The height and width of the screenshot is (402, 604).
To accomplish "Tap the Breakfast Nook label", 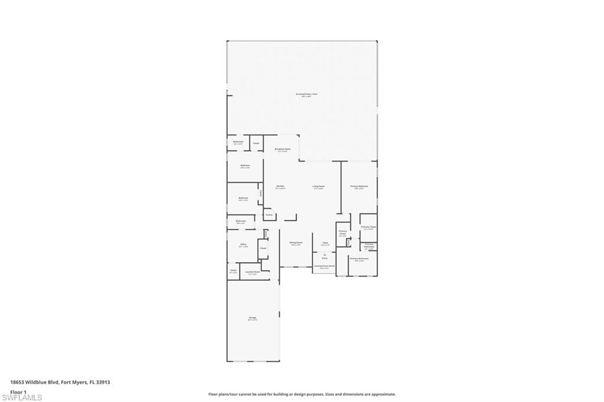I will (x=283, y=150).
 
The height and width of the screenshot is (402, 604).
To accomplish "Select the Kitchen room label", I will (x=280, y=187).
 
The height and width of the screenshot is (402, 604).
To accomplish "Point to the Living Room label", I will (x=319, y=187).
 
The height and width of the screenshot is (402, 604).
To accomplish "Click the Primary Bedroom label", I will (x=359, y=186).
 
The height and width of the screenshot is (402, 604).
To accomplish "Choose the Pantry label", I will (x=269, y=215).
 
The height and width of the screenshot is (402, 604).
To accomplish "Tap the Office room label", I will (x=243, y=244).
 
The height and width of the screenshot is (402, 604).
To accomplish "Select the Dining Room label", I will (x=296, y=242).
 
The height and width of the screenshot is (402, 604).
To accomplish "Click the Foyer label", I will (x=324, y=242).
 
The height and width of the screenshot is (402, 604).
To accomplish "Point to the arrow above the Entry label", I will (x=324, y=253).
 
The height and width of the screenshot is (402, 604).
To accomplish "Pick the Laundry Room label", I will (x=252, y=272).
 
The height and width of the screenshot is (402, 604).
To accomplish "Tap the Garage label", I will (x=252, y=318).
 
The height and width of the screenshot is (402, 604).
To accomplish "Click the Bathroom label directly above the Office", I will (x=241, y=221).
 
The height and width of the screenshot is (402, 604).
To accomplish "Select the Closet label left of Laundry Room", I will (x=233, y=271).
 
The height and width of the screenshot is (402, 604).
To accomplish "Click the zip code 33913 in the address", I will (x=104, y=382).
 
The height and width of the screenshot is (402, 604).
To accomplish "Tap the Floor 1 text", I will (x=18, y=391).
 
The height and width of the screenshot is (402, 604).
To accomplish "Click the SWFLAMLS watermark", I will (x=22, y=397).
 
